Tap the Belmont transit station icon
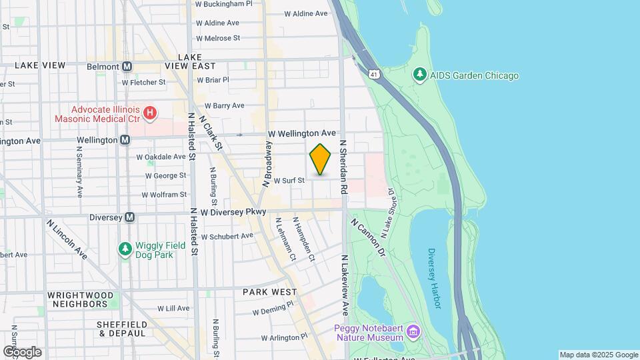[127, 67]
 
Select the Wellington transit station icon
[125, 140]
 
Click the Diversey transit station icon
[129, 217]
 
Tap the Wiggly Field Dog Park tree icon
[125, 249]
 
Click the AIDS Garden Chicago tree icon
[420, 75]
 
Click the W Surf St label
[289, 180]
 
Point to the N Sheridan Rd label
[344, 167]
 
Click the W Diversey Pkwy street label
[233, 212]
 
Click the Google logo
[23, 352]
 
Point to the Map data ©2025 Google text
[599, 355]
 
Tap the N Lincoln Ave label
[67, 239]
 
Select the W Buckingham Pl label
[224, 3]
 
